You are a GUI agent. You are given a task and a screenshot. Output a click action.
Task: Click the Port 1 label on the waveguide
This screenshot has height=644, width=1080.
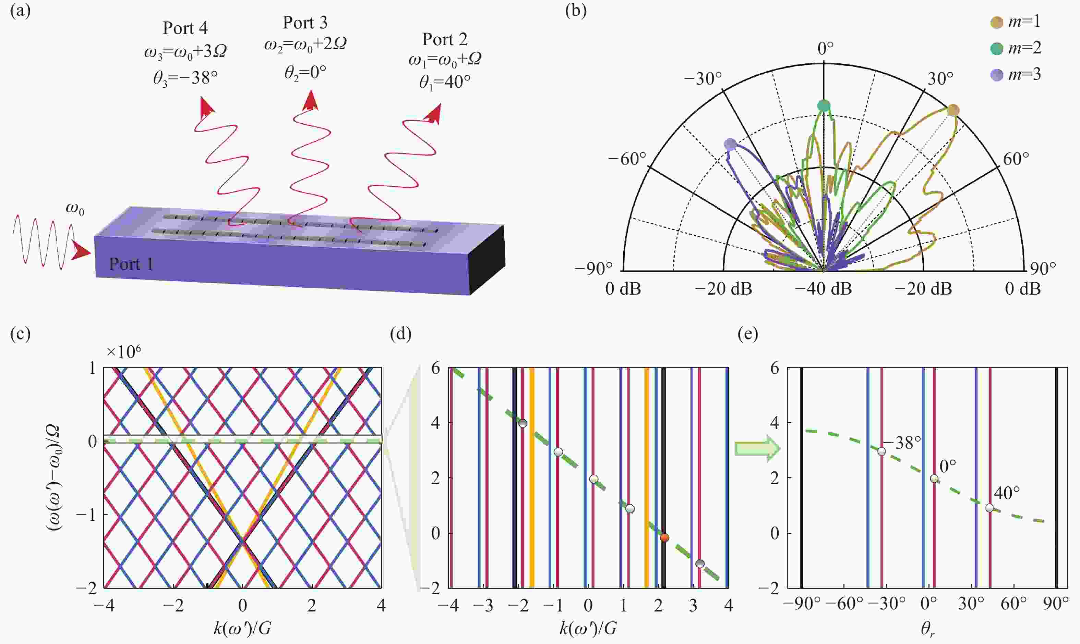pyautogui.click(x=131, y=264)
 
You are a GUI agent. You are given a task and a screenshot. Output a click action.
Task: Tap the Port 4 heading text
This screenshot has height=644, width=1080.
pyautogui.click(x=185, y=28)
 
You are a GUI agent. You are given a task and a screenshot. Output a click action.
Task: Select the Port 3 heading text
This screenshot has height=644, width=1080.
pyautogui.click(x=305, y=23)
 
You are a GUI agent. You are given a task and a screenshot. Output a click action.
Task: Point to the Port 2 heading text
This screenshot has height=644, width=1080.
pyautogui.click(x=445, y=39)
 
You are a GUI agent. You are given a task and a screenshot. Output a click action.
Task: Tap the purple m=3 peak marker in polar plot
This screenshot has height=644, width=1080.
pyautogui.click(x=730, y=145)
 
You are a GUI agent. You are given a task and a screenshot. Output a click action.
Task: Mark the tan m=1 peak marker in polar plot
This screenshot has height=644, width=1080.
pyautogui.click(x=953, y=110)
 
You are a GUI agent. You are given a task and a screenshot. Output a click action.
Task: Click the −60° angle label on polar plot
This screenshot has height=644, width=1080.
pyautogui.click(x=626, y=159)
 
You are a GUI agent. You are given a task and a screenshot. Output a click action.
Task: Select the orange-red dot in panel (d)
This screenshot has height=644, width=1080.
pyautogui.click(x=664, y=538)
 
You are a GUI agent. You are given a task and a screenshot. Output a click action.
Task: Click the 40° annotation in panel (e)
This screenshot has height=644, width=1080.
pyautogui.click(x=1007, y=493)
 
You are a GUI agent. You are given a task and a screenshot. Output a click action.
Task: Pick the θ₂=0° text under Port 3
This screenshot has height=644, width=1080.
pyautogui.click(x=305, y=72)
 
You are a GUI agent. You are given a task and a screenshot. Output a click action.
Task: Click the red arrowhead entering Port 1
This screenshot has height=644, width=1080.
pyautogui.click(x=81, y=252)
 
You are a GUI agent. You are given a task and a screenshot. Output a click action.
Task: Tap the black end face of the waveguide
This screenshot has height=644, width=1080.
pyautogui.click(x=487, y=260)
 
